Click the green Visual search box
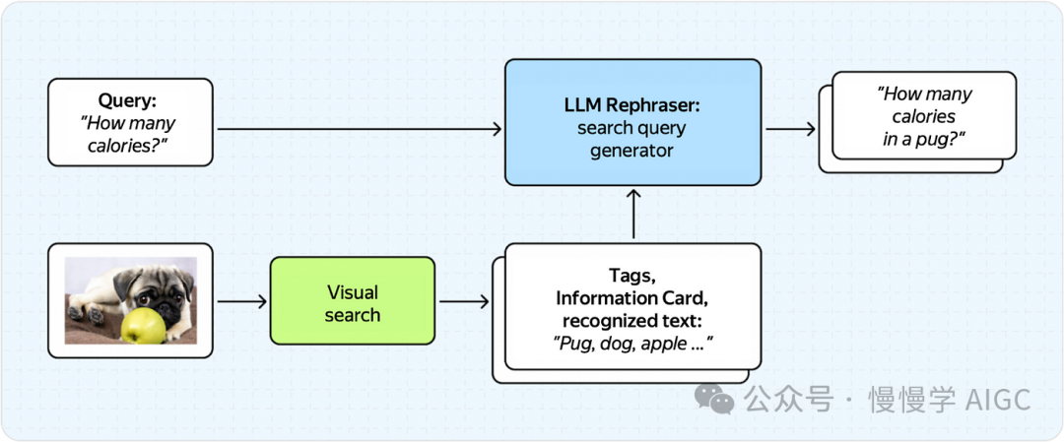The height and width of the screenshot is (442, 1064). [x=352, y=300]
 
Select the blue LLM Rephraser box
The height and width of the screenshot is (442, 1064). [x=632, y=122]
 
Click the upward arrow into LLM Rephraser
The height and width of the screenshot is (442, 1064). [x=633, y=213]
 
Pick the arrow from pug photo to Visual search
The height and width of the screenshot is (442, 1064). [x=241, y=300]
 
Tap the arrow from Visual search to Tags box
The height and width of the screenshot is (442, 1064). [x=464, y=300]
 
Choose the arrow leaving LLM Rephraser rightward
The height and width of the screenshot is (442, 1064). [x=789, y=129]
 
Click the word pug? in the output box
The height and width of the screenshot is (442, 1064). [x=941, y=139]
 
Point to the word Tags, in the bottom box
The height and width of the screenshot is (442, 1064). [x=632, y=276]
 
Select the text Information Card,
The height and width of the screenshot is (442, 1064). [x=632, y=298]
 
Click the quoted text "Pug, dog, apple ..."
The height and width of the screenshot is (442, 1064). [x=633, y=344]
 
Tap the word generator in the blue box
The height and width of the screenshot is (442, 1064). [x=632, y=152]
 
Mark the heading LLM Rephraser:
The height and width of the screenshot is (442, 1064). [x=632, y=104]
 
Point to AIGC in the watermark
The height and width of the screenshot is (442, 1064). [x=998, y=400]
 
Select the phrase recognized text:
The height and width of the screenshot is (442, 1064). [x=632, y=321]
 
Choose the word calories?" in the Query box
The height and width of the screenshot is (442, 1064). [x=130, y=145]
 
